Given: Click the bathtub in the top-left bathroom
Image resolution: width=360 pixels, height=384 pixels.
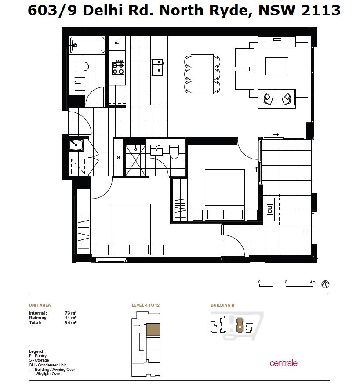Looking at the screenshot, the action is point(87,45).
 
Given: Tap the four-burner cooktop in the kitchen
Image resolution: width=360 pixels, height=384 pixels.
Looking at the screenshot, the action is point(118,67).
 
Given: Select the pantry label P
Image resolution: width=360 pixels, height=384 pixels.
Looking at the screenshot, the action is point(117,43).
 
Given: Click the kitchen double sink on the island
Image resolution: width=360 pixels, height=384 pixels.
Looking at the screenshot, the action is point(157,67).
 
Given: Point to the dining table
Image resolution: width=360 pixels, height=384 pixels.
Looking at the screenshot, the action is point(202,74).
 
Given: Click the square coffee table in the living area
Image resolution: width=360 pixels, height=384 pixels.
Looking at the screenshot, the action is point(276,66).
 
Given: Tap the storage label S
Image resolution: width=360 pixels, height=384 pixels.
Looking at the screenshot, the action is point(118,157).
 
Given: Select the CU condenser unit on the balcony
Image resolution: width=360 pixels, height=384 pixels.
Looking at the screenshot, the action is point(270,209).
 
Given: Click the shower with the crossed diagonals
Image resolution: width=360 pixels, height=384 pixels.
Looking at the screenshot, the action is point(135,160).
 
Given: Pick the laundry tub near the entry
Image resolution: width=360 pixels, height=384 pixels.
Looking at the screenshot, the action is point(76,145).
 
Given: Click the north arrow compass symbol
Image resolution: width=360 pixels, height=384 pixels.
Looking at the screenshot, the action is point(325,284).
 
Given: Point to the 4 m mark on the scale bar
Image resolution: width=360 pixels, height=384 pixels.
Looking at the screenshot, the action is point(313,282).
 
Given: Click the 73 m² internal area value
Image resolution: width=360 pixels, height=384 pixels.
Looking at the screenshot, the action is point(71,313).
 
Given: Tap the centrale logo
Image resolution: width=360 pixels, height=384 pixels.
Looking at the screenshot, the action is point(284,363).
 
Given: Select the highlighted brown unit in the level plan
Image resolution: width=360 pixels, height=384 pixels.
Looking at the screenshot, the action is point(153,330).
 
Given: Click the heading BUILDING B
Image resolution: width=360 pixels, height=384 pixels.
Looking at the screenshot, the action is point(222,305).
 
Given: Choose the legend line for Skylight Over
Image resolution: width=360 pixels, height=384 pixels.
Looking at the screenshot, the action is point(44,374).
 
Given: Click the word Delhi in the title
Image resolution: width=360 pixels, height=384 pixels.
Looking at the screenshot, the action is point(102,10).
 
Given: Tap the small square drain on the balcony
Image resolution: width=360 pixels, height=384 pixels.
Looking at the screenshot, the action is point(304,232).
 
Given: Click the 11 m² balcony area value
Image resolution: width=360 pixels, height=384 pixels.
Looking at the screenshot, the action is point(71,318).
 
